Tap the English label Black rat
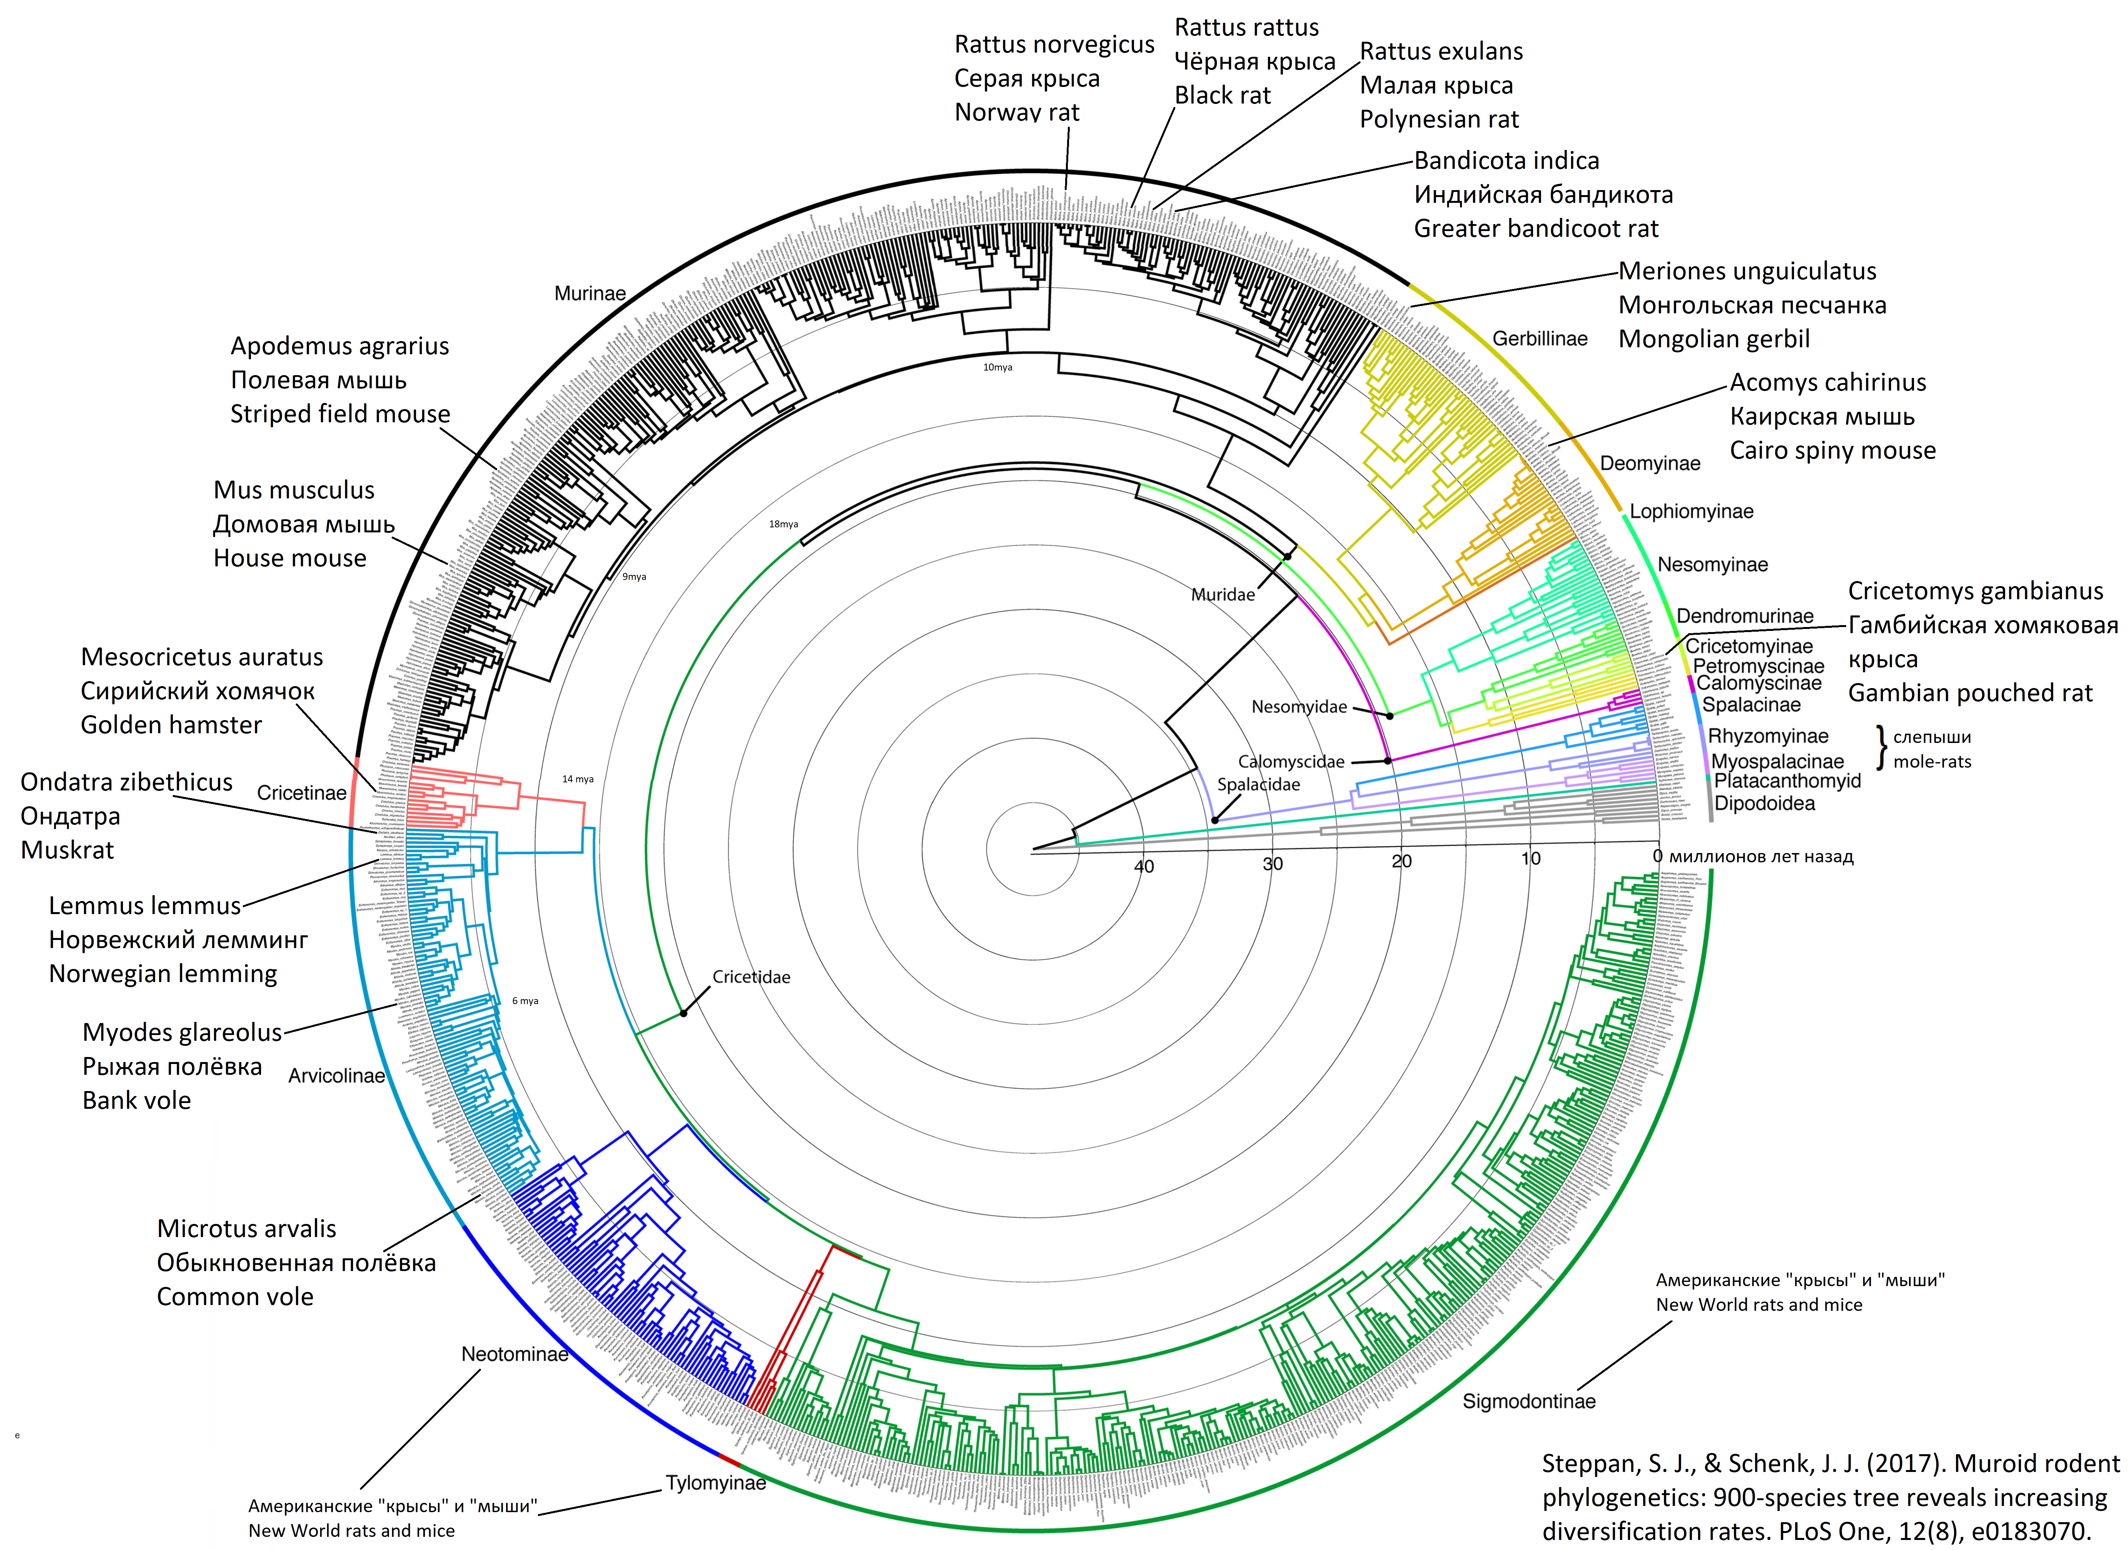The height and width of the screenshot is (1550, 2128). [x=1222, y=96]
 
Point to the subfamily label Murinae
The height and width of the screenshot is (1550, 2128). [x=590, y=294]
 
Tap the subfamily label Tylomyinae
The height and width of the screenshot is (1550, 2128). [x=715, y=1484]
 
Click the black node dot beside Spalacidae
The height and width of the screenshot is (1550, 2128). [x=1215, y=821]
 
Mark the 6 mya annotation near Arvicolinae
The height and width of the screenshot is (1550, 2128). [x=525, y=1001]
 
